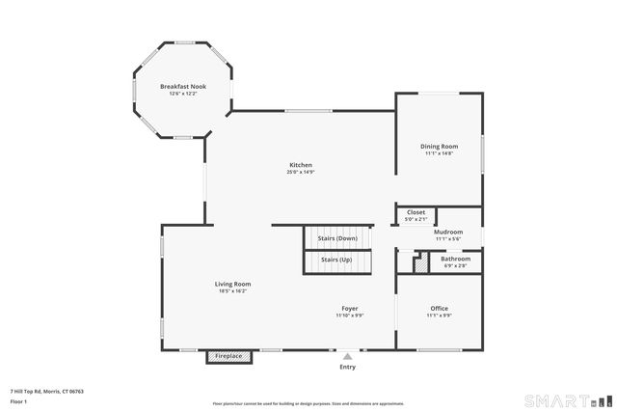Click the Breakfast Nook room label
[x=182, y=87]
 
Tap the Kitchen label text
[x=301, y=165]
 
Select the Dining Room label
[x=439, y=146]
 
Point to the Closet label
[x=416, y=212]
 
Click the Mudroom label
[x=448, y=232]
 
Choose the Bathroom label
[x=455, y=259]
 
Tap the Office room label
[x=439, y=309]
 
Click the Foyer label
[x=348, y=309]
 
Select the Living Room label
[x=232, y=284]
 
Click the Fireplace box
[x=228, y=356]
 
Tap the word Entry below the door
[x=347, y=368]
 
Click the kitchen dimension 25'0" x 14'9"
[x=301, y=173]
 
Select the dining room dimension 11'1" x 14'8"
[x=439, y=153]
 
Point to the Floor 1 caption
[x=19, y=400]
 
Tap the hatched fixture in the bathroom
[x=420, y=262]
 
